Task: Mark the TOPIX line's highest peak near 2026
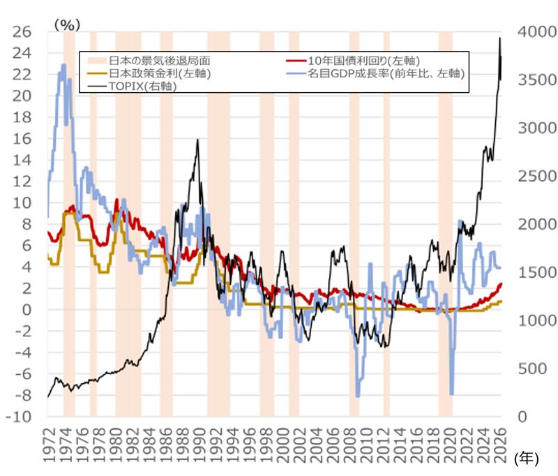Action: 499,38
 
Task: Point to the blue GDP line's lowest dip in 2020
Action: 452,394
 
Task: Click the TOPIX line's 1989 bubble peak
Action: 198,140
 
